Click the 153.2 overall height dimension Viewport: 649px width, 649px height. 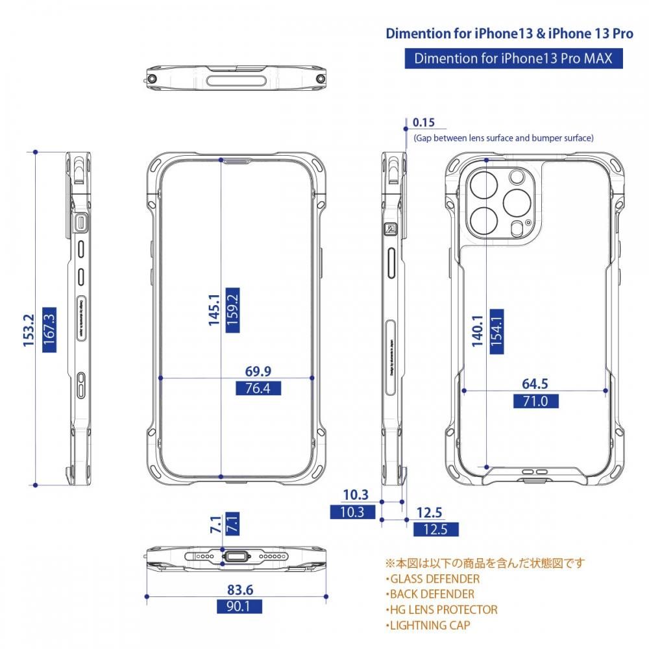pyautogui.click(x=29, y=331)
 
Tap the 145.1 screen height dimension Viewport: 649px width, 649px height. pyautogui.click(x=214, y=310)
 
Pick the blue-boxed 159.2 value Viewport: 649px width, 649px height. pyautogui.click(x=232, y=310)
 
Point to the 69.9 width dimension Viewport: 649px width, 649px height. pyautogui.click(x=258, y=371)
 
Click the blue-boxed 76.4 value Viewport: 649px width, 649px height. pyautogui.click(x=258, y=389)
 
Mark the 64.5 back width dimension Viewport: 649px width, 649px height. pyautogui.click(x=535, y=384)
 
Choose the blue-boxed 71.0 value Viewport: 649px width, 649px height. pyautogui.click(x=535, y=401)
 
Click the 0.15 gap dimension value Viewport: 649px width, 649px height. pyautogui.click(x=423, y=123)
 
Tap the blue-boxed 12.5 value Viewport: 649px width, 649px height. pyautogui.click(x=435, y=529)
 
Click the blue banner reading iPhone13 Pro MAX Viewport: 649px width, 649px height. pyautogui.click(x=513, y=58)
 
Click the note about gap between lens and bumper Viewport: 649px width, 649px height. pyautogui.click(x=503, y=138)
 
